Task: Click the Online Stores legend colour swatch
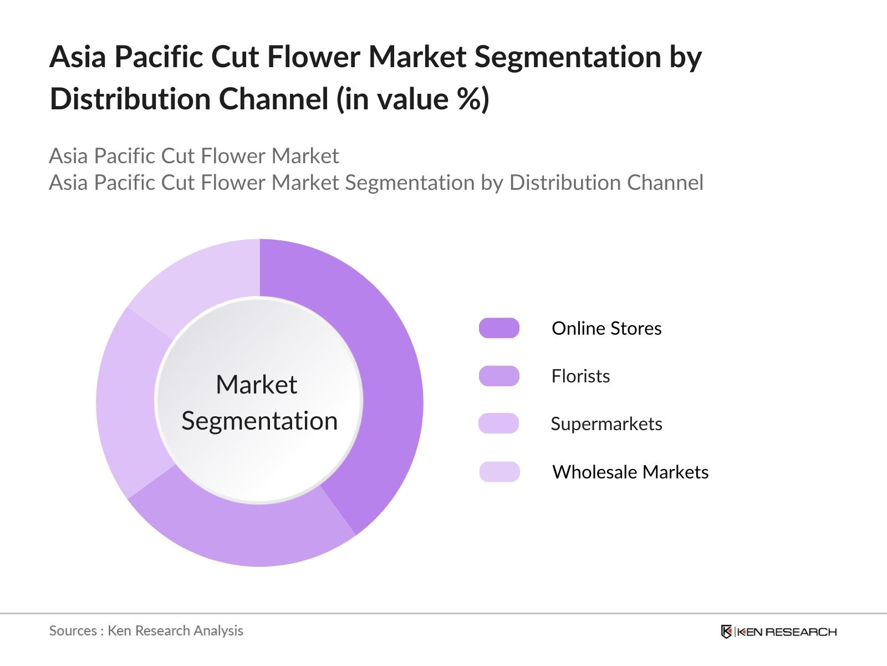coord(499,328)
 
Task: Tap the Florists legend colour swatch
coord(499,376)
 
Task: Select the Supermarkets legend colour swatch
coord(499,423)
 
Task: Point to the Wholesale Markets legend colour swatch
coord(499,472)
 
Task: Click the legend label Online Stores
coord(606,328)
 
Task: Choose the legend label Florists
coord(580,376)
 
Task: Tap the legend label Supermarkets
coord(606,424)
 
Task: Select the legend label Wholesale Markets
coord(630,472)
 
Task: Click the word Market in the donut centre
coord(256,385)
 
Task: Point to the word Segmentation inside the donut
coord(259,421)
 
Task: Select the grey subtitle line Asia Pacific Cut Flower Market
coord(193,156)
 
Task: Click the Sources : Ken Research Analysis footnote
coord(146,630)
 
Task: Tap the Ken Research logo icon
coord(726,632)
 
